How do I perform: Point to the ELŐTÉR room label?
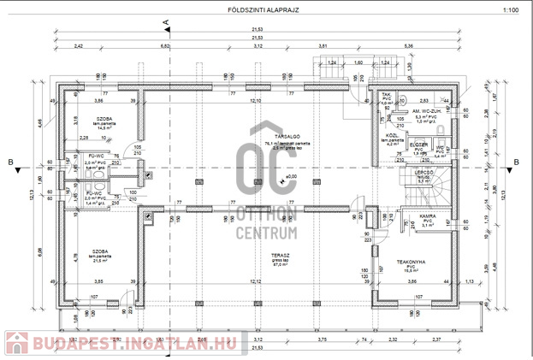[418, 145]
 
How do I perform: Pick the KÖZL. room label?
[393, 135]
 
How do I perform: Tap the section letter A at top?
[168, 21]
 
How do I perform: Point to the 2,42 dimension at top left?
[79, 44]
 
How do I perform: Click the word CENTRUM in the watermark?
[264, 231]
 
